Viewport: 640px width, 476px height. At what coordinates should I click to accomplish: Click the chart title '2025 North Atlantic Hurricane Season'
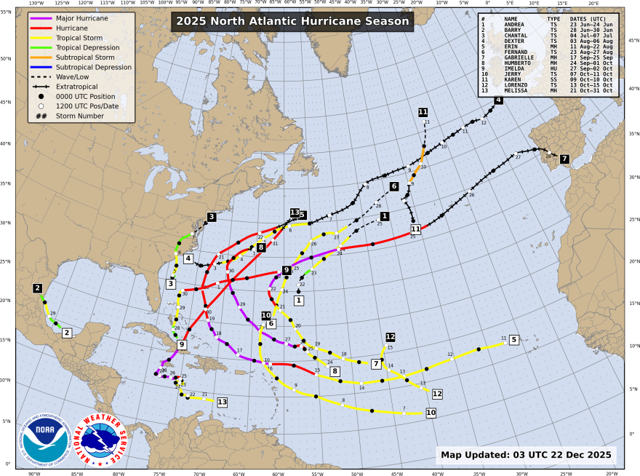pos(292,22)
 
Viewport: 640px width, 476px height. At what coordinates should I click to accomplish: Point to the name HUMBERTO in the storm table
pos(520,64)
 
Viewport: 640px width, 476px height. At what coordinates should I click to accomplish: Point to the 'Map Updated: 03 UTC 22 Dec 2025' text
pos(528,455)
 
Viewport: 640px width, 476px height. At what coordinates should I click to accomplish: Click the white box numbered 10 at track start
pos(431,413)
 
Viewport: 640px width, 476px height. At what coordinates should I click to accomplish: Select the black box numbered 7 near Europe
pos(564,159)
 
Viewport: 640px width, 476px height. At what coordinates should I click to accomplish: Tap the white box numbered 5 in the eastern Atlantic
pos(513,339)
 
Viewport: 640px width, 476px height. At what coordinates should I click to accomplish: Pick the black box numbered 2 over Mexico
pos(37,288)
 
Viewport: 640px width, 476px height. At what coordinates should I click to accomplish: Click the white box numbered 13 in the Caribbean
pos(222,401)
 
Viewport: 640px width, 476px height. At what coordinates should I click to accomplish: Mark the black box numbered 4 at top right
pos(498,100)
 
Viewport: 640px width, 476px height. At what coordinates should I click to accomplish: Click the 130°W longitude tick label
pos(35,3)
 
